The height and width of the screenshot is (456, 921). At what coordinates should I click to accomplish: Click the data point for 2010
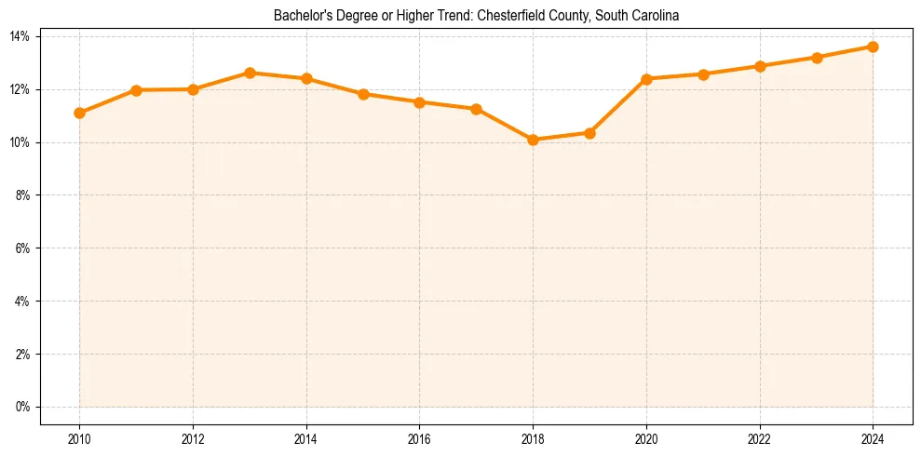point(79,113)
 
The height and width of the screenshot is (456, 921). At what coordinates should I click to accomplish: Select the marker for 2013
point(250,73)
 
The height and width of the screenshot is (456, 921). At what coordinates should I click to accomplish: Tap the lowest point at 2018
point(533,140)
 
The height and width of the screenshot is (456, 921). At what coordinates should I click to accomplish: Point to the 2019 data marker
point(589,133)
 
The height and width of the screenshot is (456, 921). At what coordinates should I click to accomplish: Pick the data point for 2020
point(646,79)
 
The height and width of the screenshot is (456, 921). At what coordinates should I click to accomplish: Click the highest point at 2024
point(873,47)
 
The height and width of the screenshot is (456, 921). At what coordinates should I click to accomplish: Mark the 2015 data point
point(363,94)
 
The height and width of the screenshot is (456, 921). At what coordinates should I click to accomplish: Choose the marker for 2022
point(760,66)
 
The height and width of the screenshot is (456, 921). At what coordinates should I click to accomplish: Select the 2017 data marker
point(476,109)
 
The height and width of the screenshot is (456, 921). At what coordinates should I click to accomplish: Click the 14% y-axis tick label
point(20,36)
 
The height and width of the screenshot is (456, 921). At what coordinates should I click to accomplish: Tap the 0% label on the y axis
point(23,407)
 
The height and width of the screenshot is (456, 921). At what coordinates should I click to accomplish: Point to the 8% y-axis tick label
point(23,195)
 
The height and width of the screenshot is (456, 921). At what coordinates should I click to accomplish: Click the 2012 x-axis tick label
point(193,439)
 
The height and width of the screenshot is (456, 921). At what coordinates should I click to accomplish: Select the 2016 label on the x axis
point(419,439)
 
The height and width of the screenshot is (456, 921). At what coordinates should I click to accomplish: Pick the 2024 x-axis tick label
point(873,439)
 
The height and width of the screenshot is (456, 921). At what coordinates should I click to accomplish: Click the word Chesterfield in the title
point(509,16)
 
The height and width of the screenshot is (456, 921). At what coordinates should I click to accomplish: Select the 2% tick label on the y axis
point(23,355)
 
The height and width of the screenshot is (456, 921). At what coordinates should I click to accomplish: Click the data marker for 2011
point(136,90)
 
